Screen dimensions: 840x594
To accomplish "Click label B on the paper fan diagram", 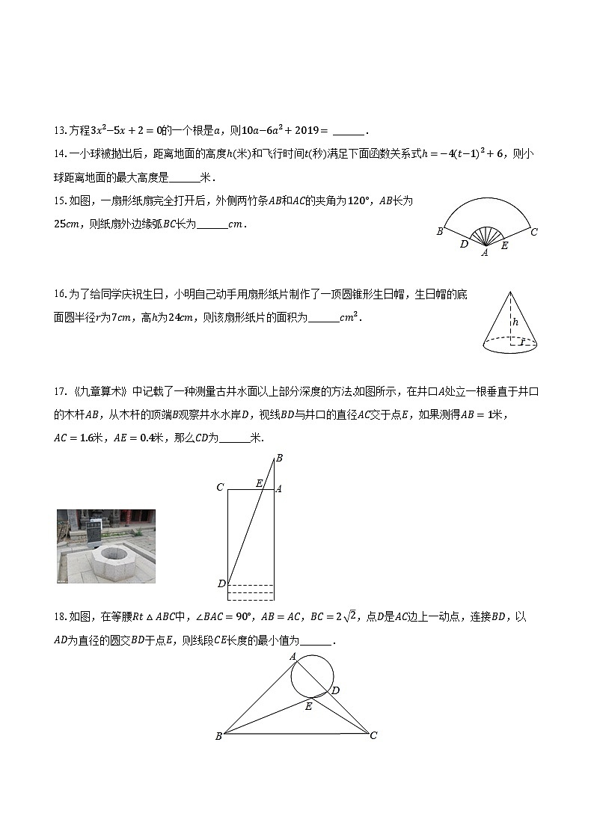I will pos(440,232).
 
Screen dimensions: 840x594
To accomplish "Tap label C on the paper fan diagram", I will pos(533,232).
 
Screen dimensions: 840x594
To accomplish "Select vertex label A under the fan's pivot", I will pos(485,253).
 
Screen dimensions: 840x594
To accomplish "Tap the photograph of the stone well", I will pos(106,546).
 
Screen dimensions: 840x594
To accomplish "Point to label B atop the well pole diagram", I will pos(279,458).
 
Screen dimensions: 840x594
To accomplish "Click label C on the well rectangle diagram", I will pos(220,488).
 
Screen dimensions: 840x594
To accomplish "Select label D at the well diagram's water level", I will pos(221,583).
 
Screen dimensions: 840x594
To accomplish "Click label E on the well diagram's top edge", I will pos(259,483).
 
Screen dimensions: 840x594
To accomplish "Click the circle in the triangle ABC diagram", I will pos(312,675).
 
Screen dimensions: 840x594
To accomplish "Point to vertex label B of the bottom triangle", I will pos(218,736).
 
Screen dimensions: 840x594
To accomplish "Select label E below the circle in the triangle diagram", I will pos(308,705).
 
